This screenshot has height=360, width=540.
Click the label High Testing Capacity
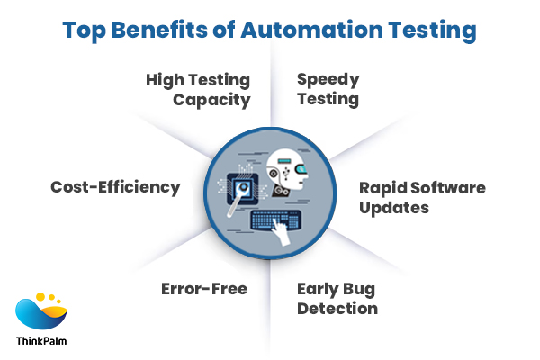[x=198, y=89]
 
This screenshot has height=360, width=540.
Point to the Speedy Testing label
[x=328, y=89]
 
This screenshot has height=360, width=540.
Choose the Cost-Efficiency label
[x=115, y=187]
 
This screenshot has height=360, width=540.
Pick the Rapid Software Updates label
[x=421, y=197]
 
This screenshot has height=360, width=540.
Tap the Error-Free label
[x=203, y=289]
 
